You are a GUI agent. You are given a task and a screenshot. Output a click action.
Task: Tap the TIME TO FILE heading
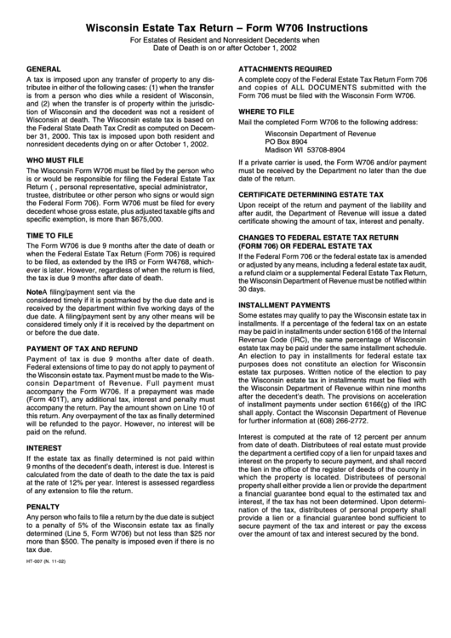[54, 234]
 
